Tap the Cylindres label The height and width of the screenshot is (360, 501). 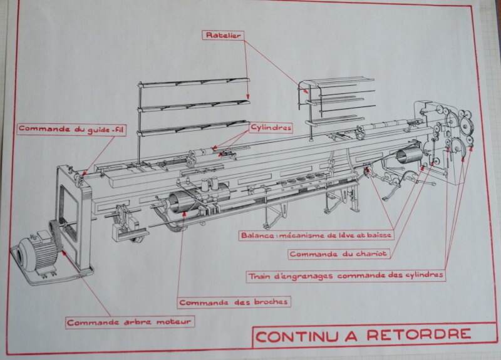271,128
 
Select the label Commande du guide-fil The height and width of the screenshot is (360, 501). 69,130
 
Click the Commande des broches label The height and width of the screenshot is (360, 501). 234,302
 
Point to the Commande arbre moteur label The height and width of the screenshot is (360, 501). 130,322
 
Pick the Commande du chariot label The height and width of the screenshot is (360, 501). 338,254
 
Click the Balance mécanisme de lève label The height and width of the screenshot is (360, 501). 316,236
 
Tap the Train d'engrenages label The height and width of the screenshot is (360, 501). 346,275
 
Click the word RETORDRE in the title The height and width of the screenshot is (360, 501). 418,335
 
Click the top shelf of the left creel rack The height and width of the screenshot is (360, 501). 194,82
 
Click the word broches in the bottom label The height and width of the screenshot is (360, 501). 270,302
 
